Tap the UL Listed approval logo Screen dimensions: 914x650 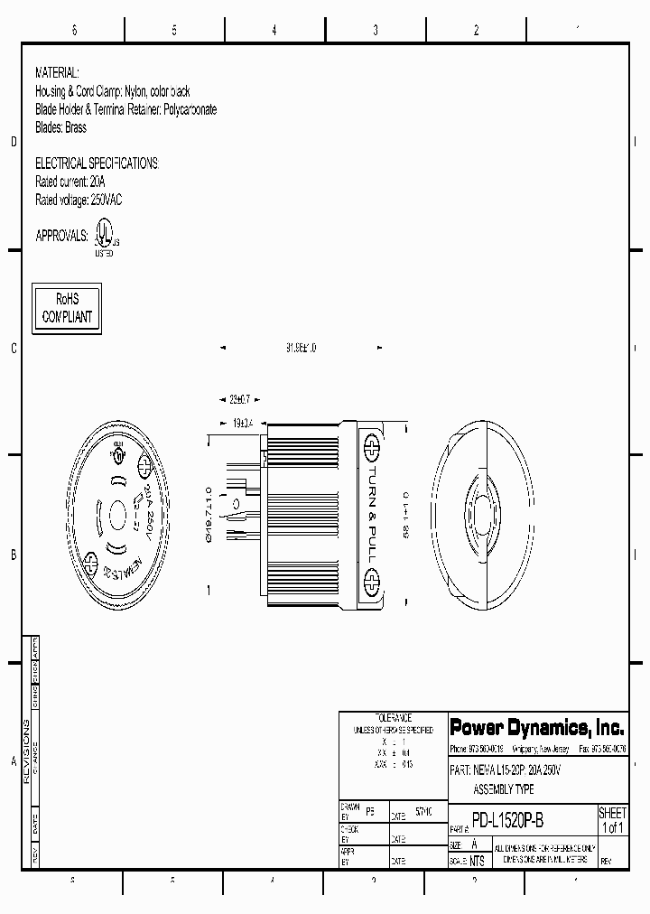104,239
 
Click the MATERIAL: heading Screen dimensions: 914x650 57,71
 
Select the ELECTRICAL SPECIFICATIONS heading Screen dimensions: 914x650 96,163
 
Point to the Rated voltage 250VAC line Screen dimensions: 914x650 78,200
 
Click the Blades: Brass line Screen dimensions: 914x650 60,127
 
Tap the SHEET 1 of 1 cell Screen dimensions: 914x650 612,820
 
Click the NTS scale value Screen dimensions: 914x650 476,861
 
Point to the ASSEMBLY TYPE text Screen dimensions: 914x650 504,789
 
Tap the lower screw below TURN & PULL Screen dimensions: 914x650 369,577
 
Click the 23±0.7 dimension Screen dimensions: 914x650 238,398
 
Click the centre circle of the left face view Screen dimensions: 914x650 116,517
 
